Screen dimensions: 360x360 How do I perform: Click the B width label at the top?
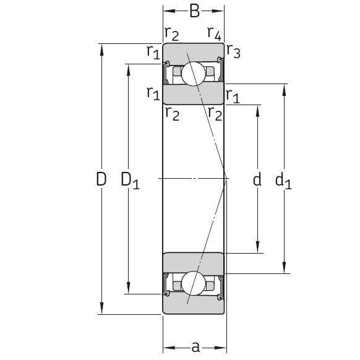coord(194,11)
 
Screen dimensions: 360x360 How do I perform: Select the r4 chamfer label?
coord(214,32)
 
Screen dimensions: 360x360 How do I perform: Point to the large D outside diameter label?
coord(101,179)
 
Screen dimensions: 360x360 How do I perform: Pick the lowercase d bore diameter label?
coord(257,179)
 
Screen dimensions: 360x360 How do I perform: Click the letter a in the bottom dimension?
coord(195,347)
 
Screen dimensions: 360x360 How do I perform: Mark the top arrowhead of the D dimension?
coord(101,47)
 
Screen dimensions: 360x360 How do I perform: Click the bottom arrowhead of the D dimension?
coord(101,311)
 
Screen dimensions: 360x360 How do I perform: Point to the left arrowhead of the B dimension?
coord(166,11)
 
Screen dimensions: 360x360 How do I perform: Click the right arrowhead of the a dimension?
coord(224,347)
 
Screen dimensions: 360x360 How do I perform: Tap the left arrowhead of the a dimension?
coord(166,347)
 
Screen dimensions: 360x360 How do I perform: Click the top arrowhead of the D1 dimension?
coord(129,67)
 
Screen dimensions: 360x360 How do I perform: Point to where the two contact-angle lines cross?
coord(227,178)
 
